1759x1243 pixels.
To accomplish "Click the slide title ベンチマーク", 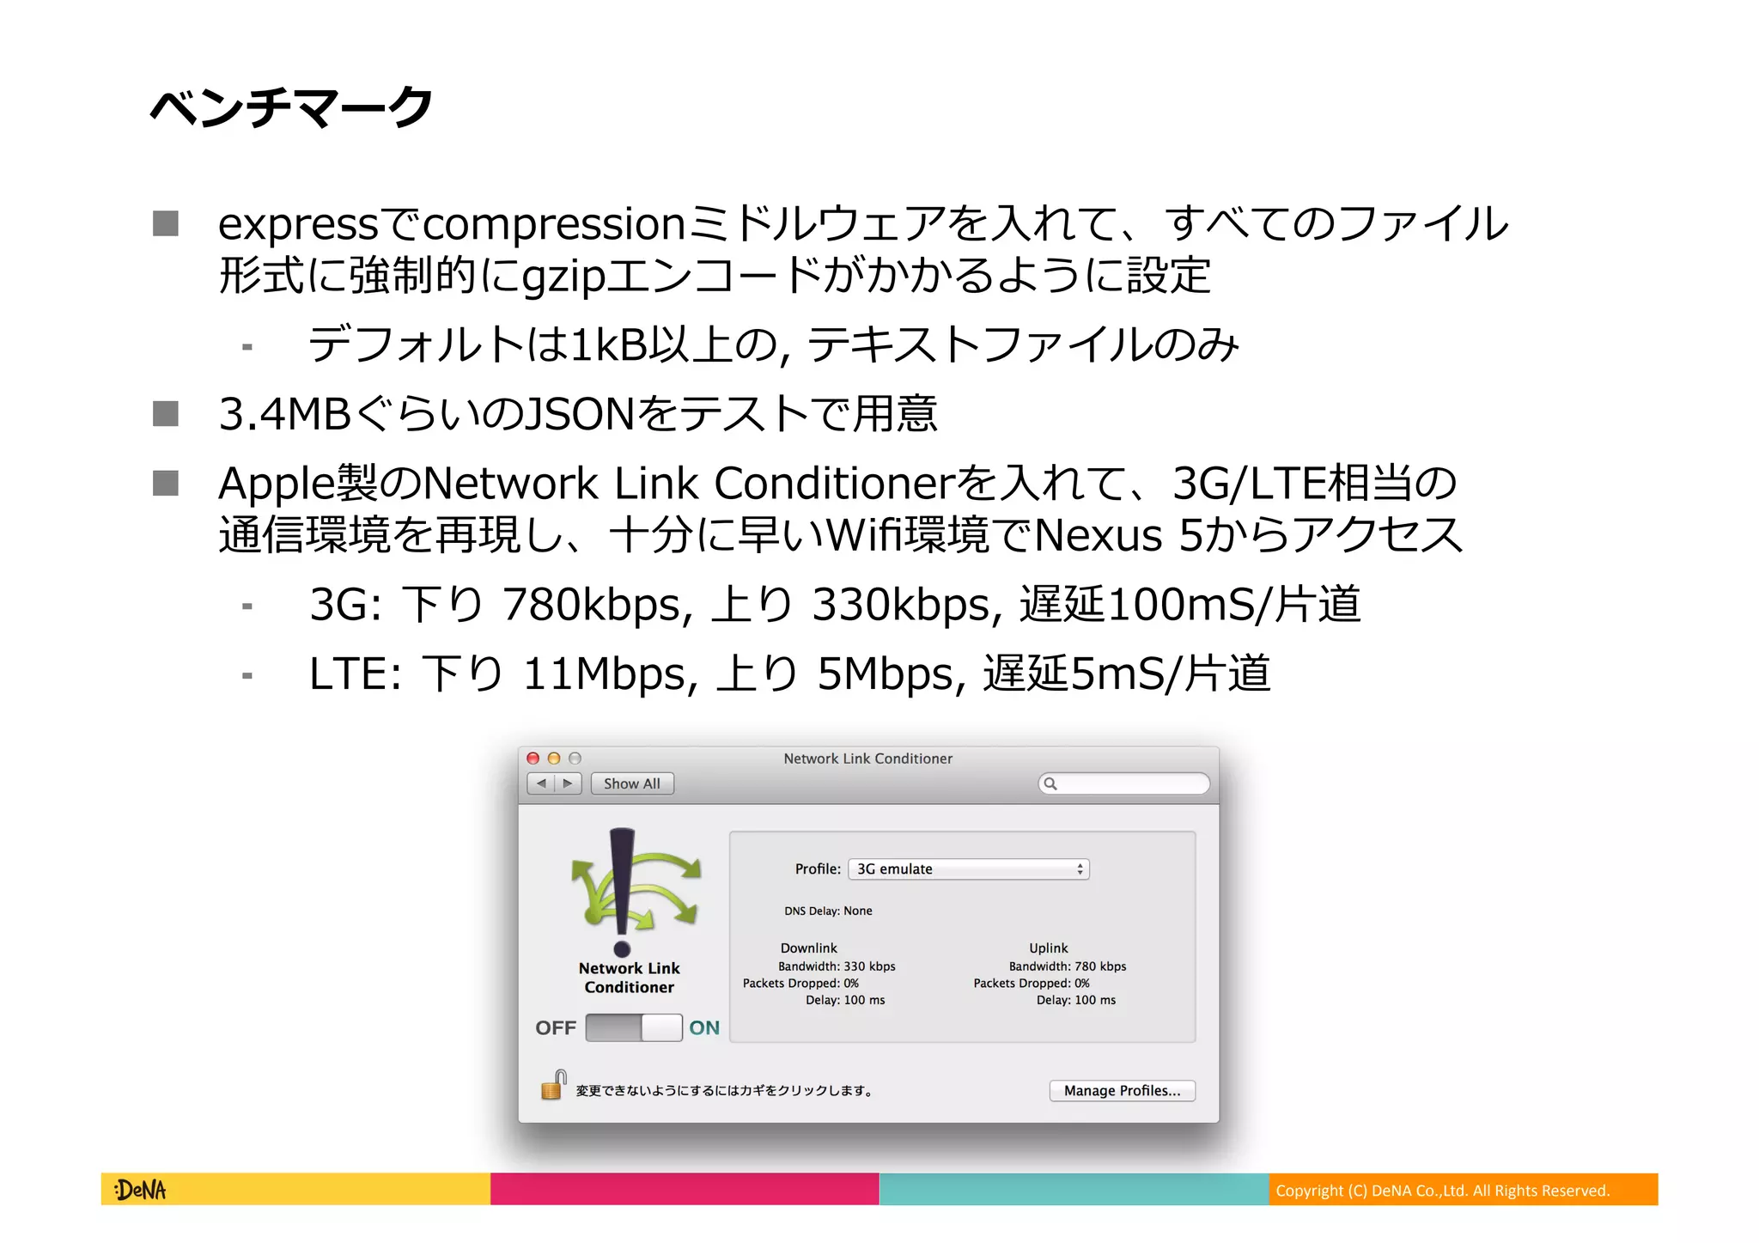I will pos(291,108).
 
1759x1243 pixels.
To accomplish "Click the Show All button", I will pos(631,783).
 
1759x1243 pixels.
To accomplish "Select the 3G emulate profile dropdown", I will pos(968,869).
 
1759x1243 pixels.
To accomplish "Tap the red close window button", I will pos(533,759).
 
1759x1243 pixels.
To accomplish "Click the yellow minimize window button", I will pos(554,759).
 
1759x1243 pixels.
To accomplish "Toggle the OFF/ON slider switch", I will pos(634,1027).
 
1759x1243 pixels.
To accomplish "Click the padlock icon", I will pos(553,1086).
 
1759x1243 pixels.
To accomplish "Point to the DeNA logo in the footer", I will pos(140,1190).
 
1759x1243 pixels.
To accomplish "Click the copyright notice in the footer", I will pos(1442,1191).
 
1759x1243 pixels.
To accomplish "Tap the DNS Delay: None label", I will pos(828,911).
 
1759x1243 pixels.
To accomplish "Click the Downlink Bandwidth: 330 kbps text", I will pos(837,966).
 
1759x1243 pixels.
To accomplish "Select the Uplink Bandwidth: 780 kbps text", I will pos(1068,966).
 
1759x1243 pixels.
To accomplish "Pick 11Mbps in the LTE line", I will pos(608,673).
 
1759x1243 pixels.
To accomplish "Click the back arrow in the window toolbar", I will pos(541,783).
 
